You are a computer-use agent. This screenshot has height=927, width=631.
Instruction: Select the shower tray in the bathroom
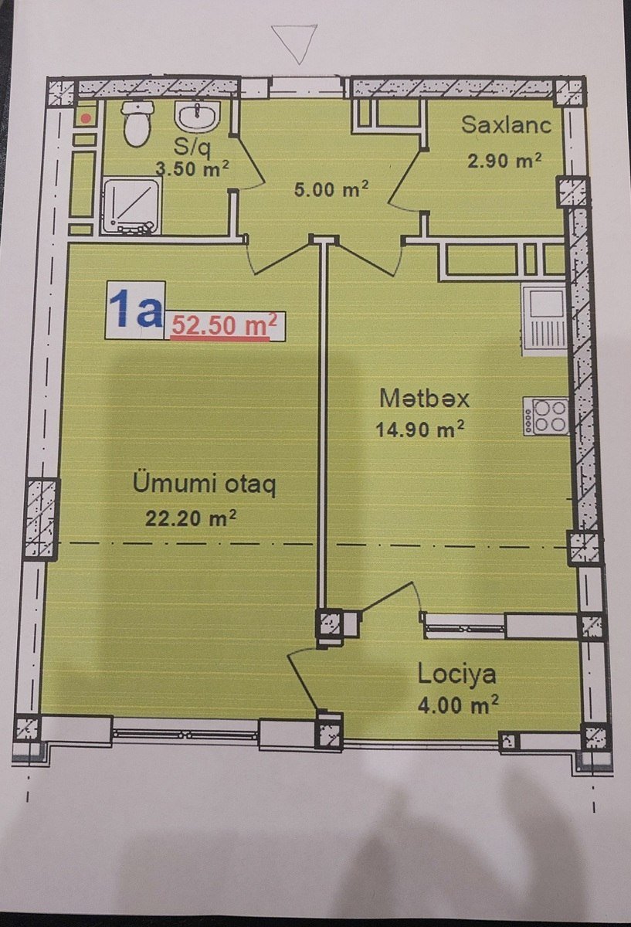click(131, 205)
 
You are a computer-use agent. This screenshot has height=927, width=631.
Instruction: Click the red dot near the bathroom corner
click(86, 119)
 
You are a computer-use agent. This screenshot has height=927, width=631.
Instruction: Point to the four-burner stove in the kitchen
click(546, 416)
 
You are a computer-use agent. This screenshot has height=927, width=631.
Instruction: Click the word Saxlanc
click(507, 124)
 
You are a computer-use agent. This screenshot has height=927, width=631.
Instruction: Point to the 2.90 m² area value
click(504, 160)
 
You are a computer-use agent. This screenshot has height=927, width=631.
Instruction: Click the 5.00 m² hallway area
click(331, 189)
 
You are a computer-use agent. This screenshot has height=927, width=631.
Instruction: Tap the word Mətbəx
click(425, 399)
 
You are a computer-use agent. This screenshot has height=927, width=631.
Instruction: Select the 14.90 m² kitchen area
click(419, 430)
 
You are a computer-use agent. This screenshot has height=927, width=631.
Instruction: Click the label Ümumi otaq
click(205, 484)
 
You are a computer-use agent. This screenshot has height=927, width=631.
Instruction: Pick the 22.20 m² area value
click(191, 518)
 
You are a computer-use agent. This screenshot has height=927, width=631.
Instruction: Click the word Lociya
click(456, 674)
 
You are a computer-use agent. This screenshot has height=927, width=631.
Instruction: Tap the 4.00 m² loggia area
click(458, 704)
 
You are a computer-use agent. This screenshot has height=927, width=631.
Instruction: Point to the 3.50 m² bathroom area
click(192, 169)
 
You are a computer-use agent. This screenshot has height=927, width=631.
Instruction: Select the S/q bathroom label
click(192, 148)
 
